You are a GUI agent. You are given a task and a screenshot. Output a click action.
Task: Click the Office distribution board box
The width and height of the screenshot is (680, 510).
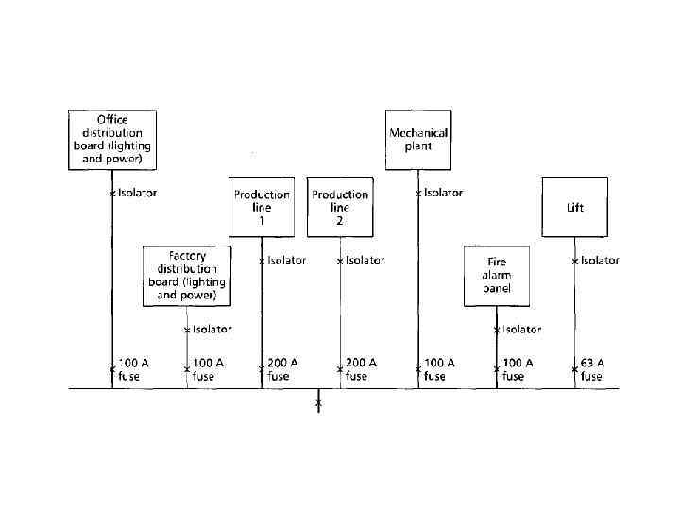(x=112, y=140)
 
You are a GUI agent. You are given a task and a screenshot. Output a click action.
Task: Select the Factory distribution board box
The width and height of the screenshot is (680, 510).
(x=187, y=276)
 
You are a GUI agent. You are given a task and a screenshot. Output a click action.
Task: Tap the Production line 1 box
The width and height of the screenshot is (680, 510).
(x=262, y=207)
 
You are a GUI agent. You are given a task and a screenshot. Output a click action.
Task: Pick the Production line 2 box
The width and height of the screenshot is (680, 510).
(x=340, y=207)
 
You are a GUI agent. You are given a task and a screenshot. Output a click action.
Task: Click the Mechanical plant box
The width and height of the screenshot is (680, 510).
(x=418, y=140)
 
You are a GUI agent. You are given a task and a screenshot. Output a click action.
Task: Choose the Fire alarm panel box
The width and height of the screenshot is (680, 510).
(x=497, y=276)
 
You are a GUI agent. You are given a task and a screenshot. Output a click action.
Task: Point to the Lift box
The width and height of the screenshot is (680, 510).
(x=574, y=207)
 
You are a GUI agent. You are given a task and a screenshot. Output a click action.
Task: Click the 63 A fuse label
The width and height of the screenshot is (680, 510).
(x=592, y=369)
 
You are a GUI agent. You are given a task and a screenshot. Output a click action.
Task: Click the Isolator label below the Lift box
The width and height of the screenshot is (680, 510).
(x=600, y=261)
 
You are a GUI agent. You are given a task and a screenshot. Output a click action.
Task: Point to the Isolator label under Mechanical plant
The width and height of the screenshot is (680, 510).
(x=443, y=193)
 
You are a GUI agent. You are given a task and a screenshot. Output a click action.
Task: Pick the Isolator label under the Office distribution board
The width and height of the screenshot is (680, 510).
(x=137, y=193)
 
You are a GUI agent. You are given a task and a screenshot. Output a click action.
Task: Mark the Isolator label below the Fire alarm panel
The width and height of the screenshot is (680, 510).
(x=521, y=330)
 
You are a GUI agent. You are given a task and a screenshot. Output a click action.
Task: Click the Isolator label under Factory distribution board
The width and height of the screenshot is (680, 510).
(x=212, y=330)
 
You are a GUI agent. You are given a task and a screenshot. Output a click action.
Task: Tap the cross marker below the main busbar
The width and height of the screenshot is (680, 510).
(x=318, y=404)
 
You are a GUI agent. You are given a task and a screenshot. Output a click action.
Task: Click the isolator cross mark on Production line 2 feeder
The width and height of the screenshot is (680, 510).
(x=340, y=262)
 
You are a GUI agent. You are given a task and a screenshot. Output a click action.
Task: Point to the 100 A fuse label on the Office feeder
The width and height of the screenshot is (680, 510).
(x=133, y=369)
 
